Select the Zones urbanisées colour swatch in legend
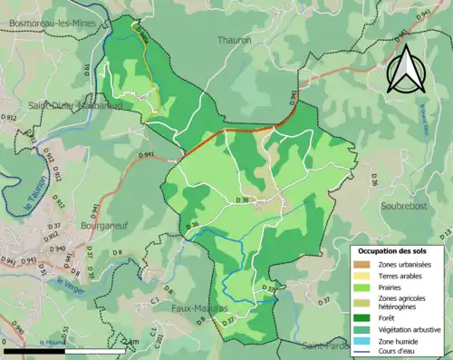click(x=362, y=264)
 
